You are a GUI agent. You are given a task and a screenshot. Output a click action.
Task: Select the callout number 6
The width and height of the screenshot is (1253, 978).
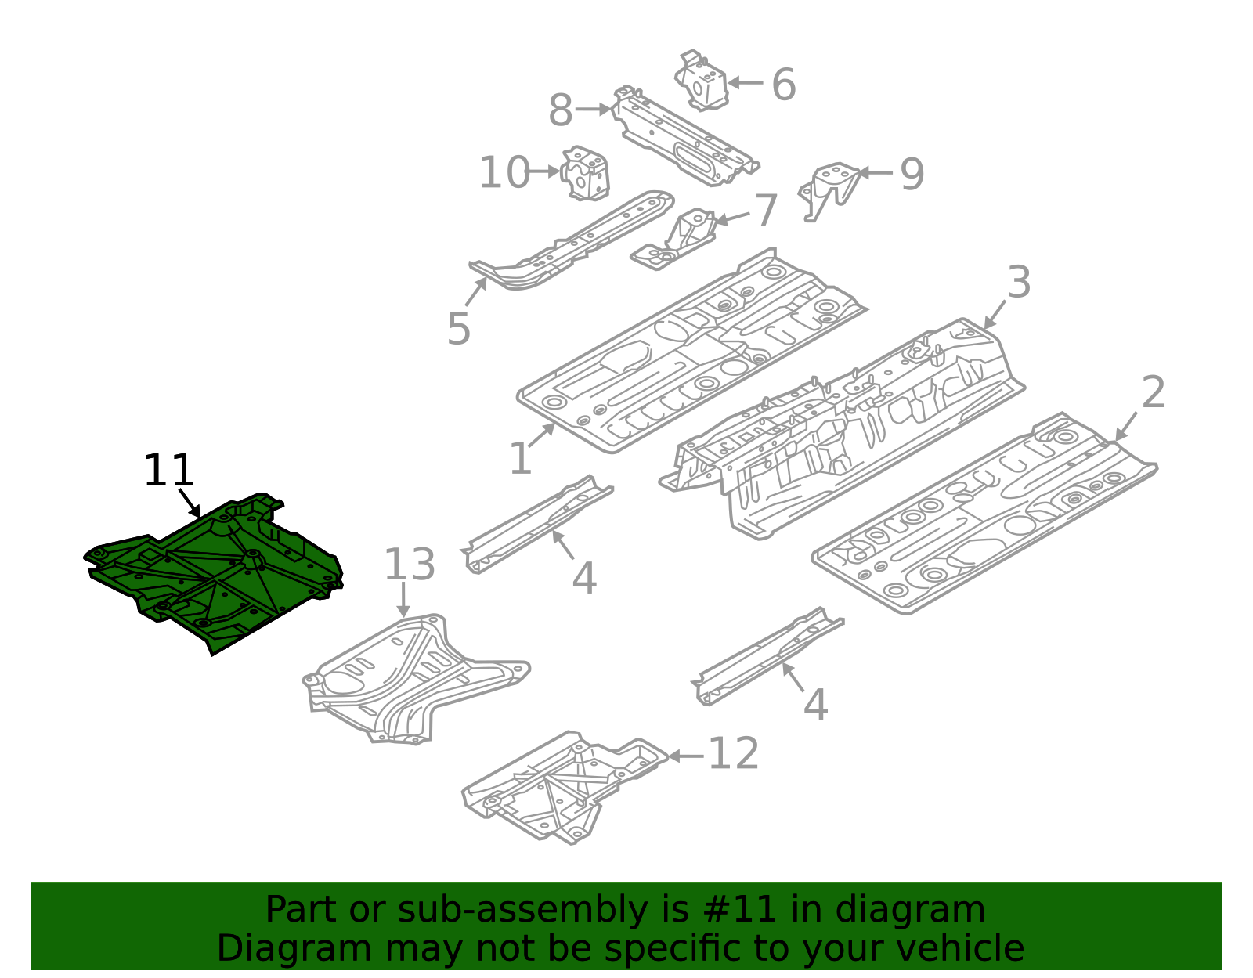(x=783, y=85)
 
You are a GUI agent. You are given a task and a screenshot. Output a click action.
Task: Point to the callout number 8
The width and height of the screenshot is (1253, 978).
(x=561, y=110)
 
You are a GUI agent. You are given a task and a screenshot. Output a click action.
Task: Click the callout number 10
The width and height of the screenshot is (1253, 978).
(x=504, y=173)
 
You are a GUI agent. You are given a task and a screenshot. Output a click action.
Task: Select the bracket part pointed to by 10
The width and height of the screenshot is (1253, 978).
(x=585, y=173)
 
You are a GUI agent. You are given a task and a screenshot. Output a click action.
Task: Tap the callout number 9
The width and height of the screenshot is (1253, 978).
(x=912, y=174)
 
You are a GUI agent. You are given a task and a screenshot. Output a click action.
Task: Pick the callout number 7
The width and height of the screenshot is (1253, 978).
(x=765, y=211)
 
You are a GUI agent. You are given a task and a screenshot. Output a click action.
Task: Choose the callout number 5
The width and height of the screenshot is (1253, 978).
(x=459, y=328)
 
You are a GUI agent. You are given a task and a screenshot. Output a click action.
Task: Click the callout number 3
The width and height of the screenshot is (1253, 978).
(x=1018, y=282)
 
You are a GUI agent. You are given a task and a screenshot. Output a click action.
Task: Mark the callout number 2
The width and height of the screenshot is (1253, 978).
(x=1153, y=392)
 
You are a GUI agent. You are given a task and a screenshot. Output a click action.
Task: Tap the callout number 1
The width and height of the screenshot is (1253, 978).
(x=521, y=459)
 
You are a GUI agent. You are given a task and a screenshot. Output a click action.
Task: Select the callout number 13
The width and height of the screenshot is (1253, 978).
(x=409, y=565)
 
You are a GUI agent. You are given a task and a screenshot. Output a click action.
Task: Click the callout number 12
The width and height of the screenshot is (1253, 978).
(x=733, y=754)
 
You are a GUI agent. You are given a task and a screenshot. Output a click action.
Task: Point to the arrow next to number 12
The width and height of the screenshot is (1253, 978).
(x=684, y=756)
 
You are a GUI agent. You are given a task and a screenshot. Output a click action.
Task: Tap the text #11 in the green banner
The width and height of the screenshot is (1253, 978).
(x=739, y=910)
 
